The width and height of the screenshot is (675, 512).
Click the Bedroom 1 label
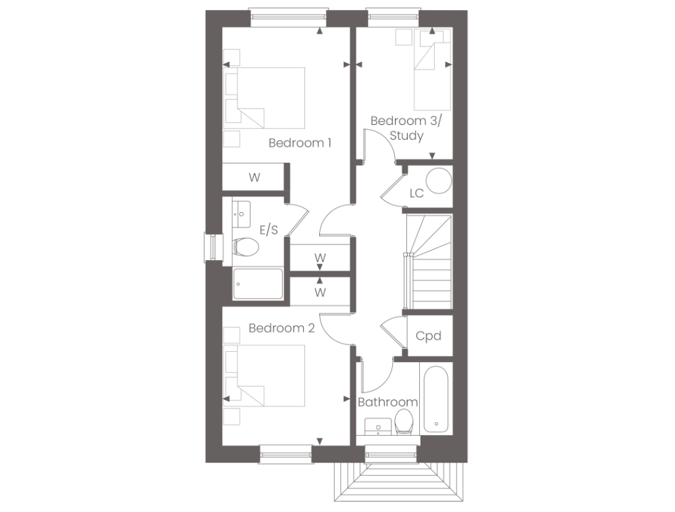[300, 143]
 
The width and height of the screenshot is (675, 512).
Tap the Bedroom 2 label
[281, 328]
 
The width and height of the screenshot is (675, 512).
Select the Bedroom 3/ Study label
[406, 128]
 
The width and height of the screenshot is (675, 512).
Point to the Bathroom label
[387, 402]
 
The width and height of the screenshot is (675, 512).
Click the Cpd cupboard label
[429, 335]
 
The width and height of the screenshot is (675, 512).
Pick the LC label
[416, 193]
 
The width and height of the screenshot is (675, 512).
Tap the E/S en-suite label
[268, 230]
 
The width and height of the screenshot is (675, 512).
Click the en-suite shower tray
[258, 284]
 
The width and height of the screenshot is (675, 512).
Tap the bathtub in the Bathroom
[435, 399]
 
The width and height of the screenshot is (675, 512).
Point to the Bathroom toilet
[406, 422]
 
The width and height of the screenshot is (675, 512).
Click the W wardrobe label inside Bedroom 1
[254, 178]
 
